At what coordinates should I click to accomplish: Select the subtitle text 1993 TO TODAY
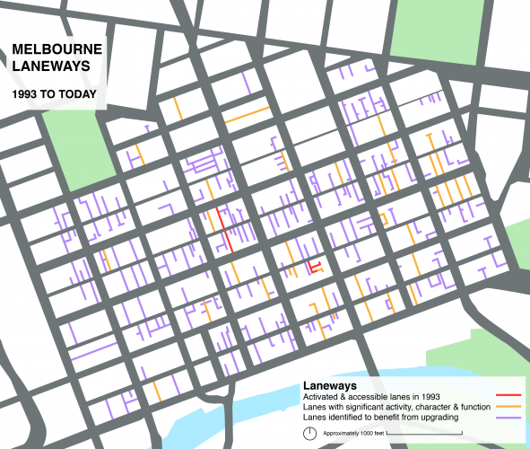pyautogui.click(x=54, y=92)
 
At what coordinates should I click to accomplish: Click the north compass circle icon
pyautogui.click(x=310, y=433)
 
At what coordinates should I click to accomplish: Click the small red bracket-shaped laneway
pyautogui.click(x=314, y=268)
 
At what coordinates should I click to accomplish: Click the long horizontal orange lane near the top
pyautogui.click(x=247, y=115)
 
